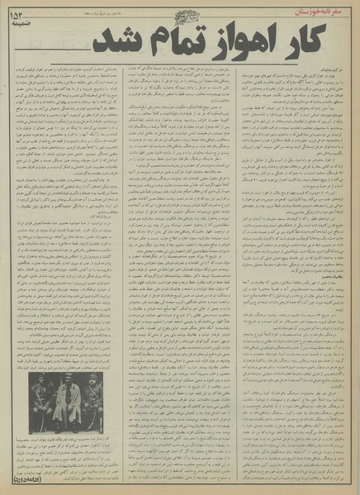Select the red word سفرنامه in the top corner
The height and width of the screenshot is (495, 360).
tap(335, 10)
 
